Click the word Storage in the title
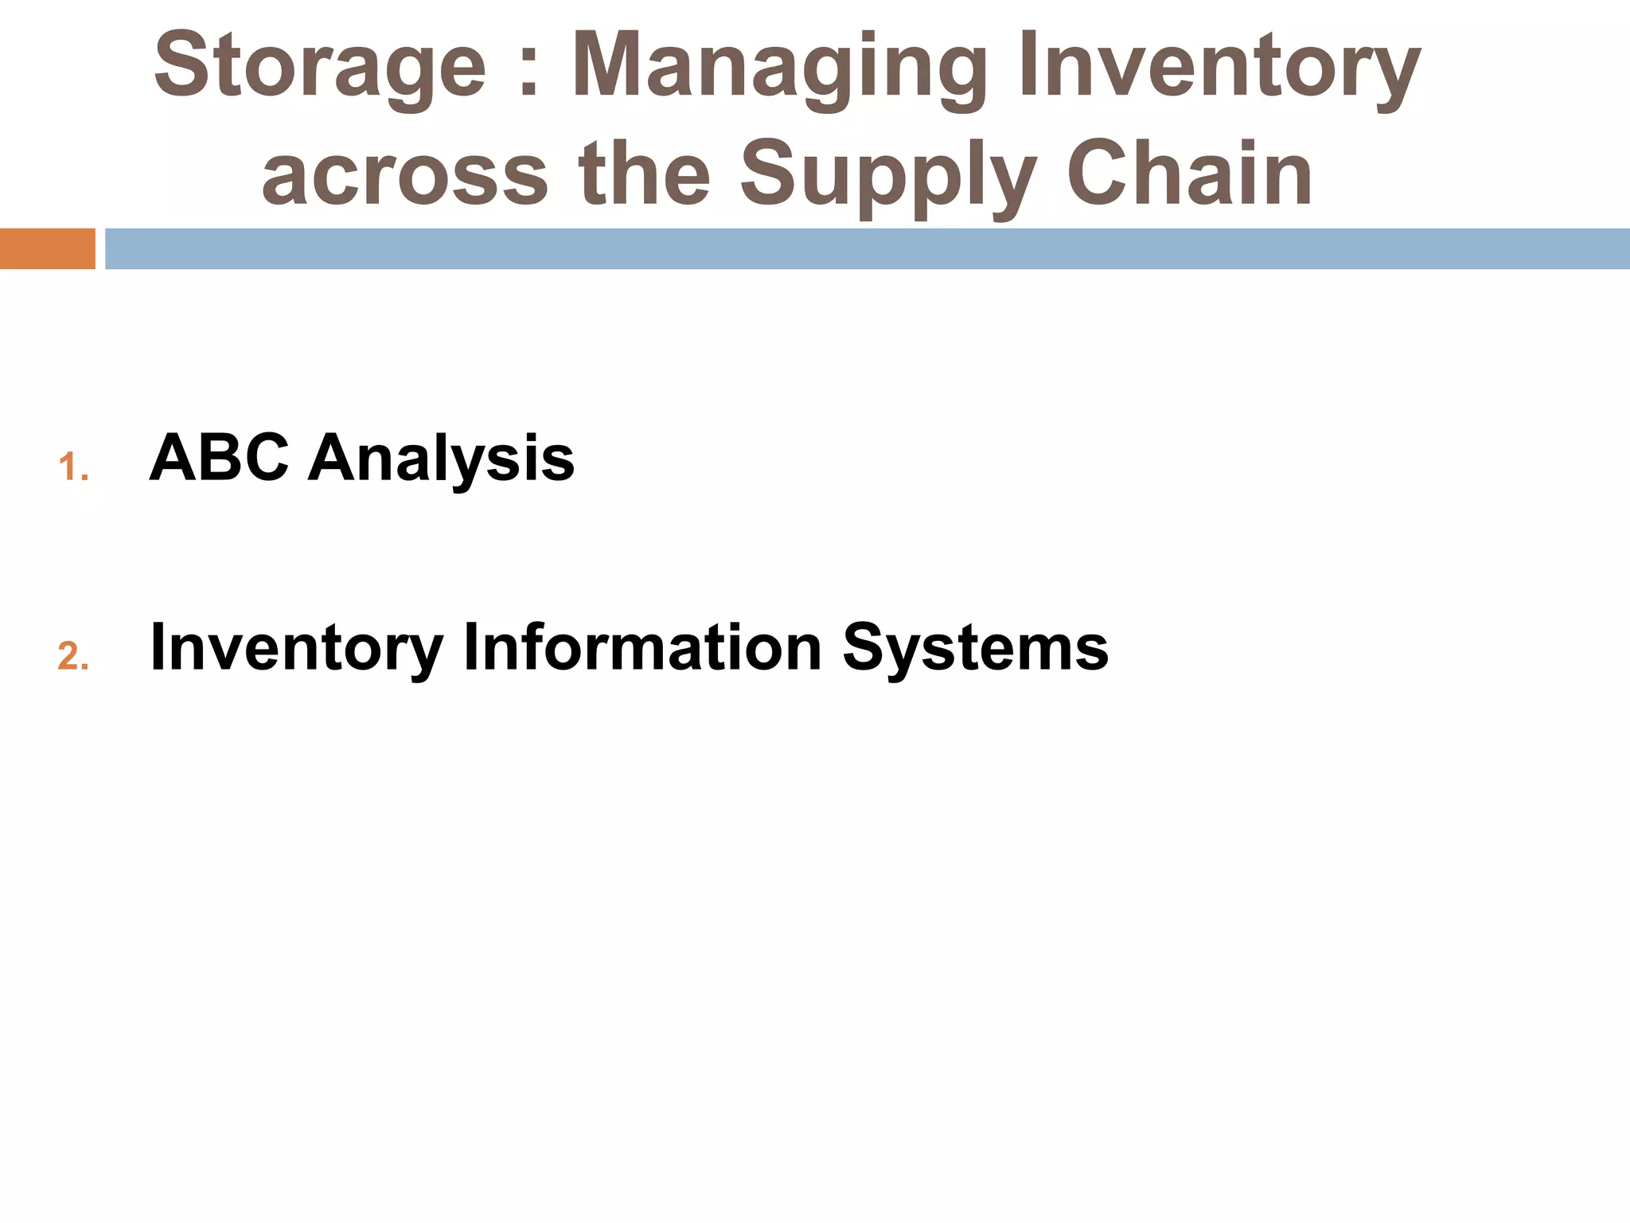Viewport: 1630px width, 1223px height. point(319,67)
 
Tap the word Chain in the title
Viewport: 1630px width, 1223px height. point(1189,174)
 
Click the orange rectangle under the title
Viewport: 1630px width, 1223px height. point(47,248)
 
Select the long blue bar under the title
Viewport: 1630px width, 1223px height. point(867,248)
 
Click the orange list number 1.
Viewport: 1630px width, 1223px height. point(72,467)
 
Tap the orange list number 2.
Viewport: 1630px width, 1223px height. point(72,657)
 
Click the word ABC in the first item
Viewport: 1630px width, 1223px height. point(219,459)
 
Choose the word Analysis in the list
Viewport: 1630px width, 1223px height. point(441,460)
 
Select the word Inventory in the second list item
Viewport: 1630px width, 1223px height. point(296,648)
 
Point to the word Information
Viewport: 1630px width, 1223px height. point(642,647)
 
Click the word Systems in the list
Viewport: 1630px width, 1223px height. point(975,648)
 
